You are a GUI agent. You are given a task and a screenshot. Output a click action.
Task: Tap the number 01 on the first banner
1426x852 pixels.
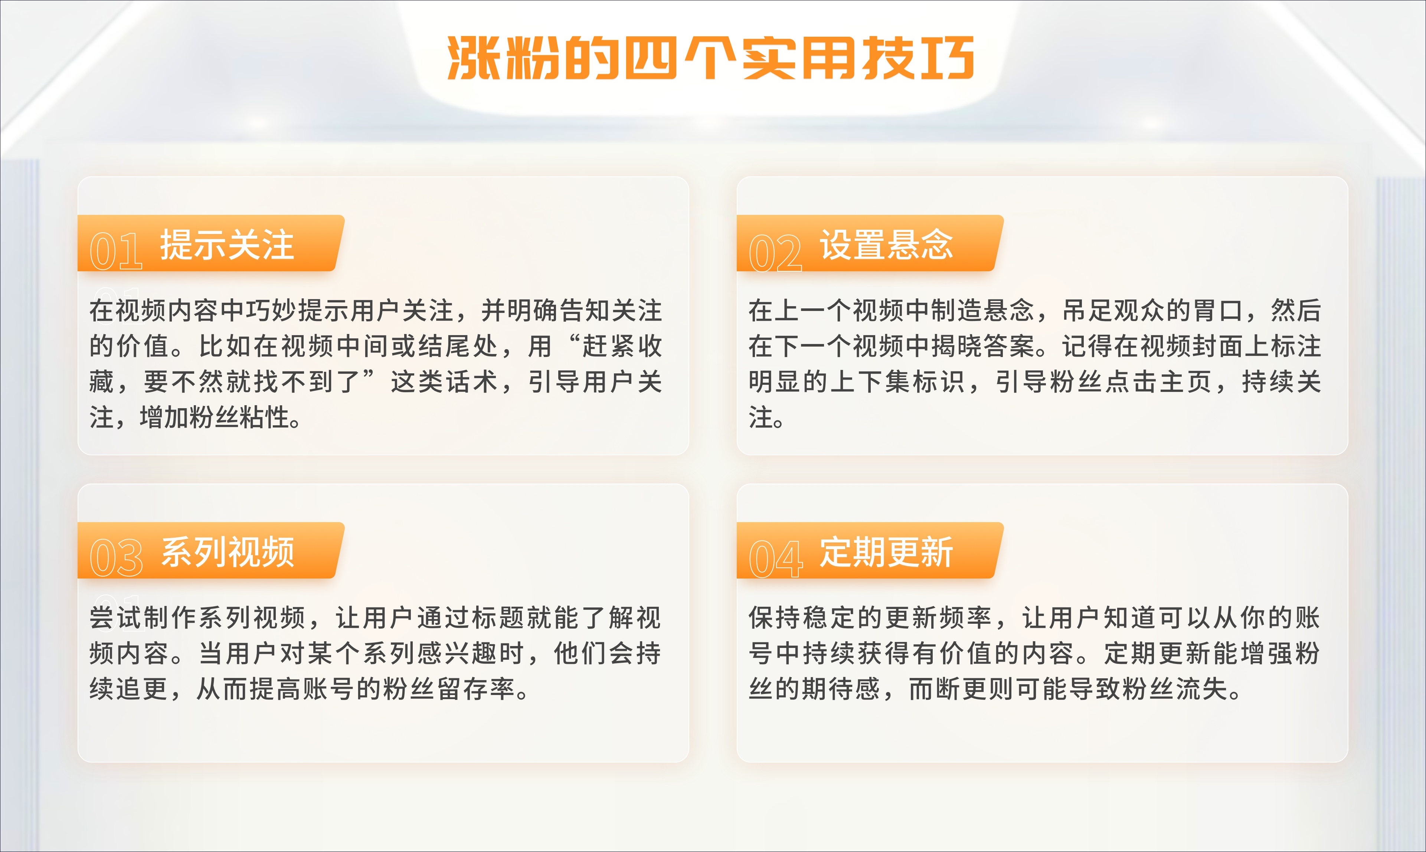click(x=116, y=252)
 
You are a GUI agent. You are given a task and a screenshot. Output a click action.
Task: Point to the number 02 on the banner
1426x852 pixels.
click(x=775, y=253)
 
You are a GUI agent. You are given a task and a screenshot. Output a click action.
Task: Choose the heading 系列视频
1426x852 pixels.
click(x=227, y=552)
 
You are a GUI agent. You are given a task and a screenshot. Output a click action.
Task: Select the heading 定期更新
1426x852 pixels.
click(x=886, y=552)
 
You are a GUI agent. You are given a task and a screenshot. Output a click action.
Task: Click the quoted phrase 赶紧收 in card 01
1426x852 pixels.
click(x=622, y=346)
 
